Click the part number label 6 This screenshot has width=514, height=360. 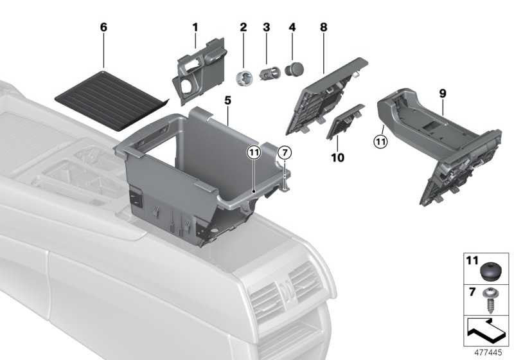pyautogui.click(x=103, y=28)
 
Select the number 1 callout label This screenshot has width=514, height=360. pyautogui.click(x=195, y=28)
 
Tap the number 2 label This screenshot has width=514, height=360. pyautogui.click(x=243, y=28)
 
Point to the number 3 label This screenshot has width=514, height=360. pyautogui.click(x=267, y=28)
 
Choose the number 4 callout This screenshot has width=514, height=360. pyautogui.click(x=292, y=28)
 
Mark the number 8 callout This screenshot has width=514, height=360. pyautogui.click(x=323, y=28)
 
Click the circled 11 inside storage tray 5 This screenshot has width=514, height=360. pyautogui.click(x=254, y=152)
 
